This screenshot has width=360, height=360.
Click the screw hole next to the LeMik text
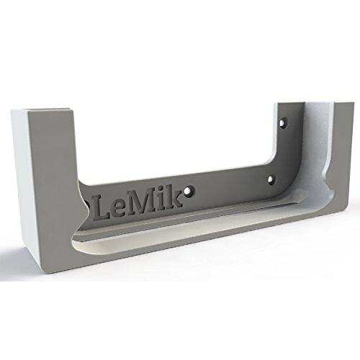pyautogui.click(x=189, y=192)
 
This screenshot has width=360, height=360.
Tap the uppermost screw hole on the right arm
pyautogui.click(x=282, y=122)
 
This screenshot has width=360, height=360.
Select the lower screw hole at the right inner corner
pyautogui.click(x=271, y=178)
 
